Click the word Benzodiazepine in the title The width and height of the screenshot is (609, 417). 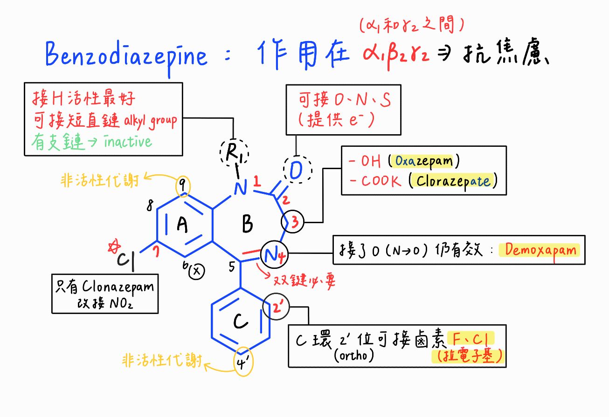tap(126, 56)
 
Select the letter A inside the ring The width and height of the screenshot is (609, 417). tap(183, 225)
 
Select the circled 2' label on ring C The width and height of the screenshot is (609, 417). tap(277, 307)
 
